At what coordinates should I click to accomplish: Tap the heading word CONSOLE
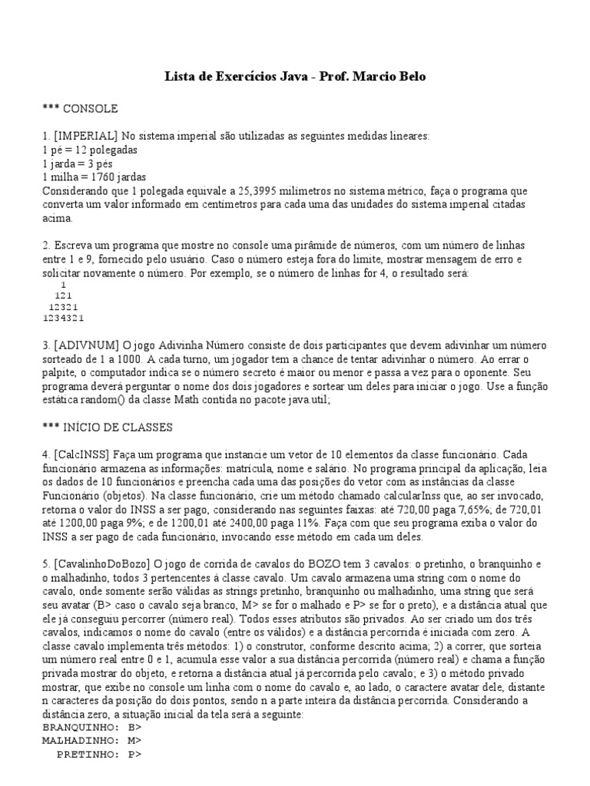[x=91, y=108]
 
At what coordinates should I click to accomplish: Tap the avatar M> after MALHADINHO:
[x=135, y=740]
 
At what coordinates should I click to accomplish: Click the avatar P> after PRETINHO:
[x=135, y=755]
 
